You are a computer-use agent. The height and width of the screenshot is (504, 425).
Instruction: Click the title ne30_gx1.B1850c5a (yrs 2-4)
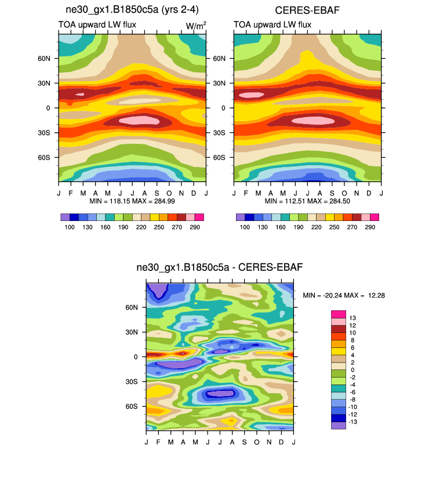click(132, 10)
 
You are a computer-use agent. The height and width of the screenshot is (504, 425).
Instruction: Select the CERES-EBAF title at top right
click(307, 10)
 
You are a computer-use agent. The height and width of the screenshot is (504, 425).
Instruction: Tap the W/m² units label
click(196, 24)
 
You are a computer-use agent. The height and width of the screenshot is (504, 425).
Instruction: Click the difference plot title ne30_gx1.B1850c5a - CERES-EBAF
click(219, 267)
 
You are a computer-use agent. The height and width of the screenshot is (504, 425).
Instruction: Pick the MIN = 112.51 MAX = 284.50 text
click(307, 201)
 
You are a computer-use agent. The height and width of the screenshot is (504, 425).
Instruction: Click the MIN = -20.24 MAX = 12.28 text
click(344, 296)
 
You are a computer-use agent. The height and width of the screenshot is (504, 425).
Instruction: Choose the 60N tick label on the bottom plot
click(132, 307)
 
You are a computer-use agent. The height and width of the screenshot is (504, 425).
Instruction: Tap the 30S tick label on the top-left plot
click(45, 133)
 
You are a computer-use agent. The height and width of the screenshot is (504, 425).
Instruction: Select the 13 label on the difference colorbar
click(352, 318)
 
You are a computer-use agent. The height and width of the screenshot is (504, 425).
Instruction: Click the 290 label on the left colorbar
click(194, 227)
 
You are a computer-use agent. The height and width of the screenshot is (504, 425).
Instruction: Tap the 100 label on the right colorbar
click(245, 227)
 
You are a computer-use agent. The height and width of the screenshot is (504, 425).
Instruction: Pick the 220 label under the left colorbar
click(141, 227)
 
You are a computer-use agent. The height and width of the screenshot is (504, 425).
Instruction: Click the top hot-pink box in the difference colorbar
click(338, 314)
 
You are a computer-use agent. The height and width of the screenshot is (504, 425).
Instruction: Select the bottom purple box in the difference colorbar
click(338, 425)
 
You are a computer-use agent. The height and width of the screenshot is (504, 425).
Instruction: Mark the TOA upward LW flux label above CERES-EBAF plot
click(273, 24)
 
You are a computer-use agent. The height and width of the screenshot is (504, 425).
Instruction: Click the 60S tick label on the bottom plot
click(132, 407)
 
